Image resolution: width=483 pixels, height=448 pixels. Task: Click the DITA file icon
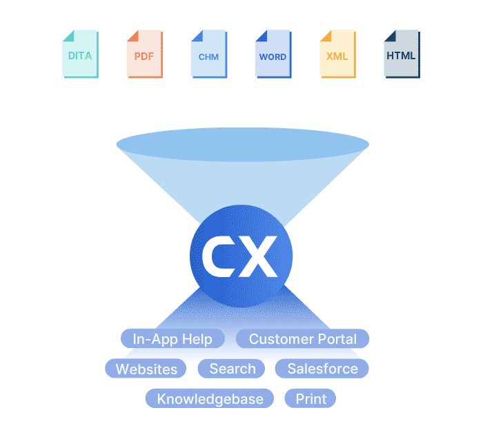click(x=81, y=54)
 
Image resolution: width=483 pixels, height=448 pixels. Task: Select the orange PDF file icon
click(x=145, y=54)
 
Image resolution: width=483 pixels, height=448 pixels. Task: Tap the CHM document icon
click(x=209, y=54)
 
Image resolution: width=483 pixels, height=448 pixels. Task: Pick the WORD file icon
click(x=273, y=54)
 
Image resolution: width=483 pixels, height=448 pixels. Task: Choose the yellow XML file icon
click(x=338, y=54)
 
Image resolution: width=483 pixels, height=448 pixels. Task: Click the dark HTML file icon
click(x=402, y=54)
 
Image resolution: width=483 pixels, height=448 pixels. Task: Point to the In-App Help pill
click(x=172, y=339)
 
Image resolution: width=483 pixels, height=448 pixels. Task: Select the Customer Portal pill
click(x=302, y=339)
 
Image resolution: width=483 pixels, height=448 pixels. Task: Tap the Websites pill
click(x=146, y=368)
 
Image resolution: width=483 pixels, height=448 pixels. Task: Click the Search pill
click(x=231, y=368)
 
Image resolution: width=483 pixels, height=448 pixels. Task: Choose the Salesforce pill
click(x=322, y=368)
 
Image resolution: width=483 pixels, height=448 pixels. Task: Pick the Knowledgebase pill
click(x=210, y=398)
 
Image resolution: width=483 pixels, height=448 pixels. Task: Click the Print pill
click(x=310, y=398)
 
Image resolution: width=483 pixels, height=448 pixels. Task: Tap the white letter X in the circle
click(x=257, y=256)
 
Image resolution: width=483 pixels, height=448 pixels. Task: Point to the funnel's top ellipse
click(x=242, y=145)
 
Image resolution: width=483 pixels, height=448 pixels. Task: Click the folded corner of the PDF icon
click(x=132, y=36)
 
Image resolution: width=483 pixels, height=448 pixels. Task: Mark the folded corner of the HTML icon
click(x=391, y=36)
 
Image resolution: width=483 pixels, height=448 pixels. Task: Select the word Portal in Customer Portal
click(x=337, y=339)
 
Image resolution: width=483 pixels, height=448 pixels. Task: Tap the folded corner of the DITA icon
click(x=68, y=36)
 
